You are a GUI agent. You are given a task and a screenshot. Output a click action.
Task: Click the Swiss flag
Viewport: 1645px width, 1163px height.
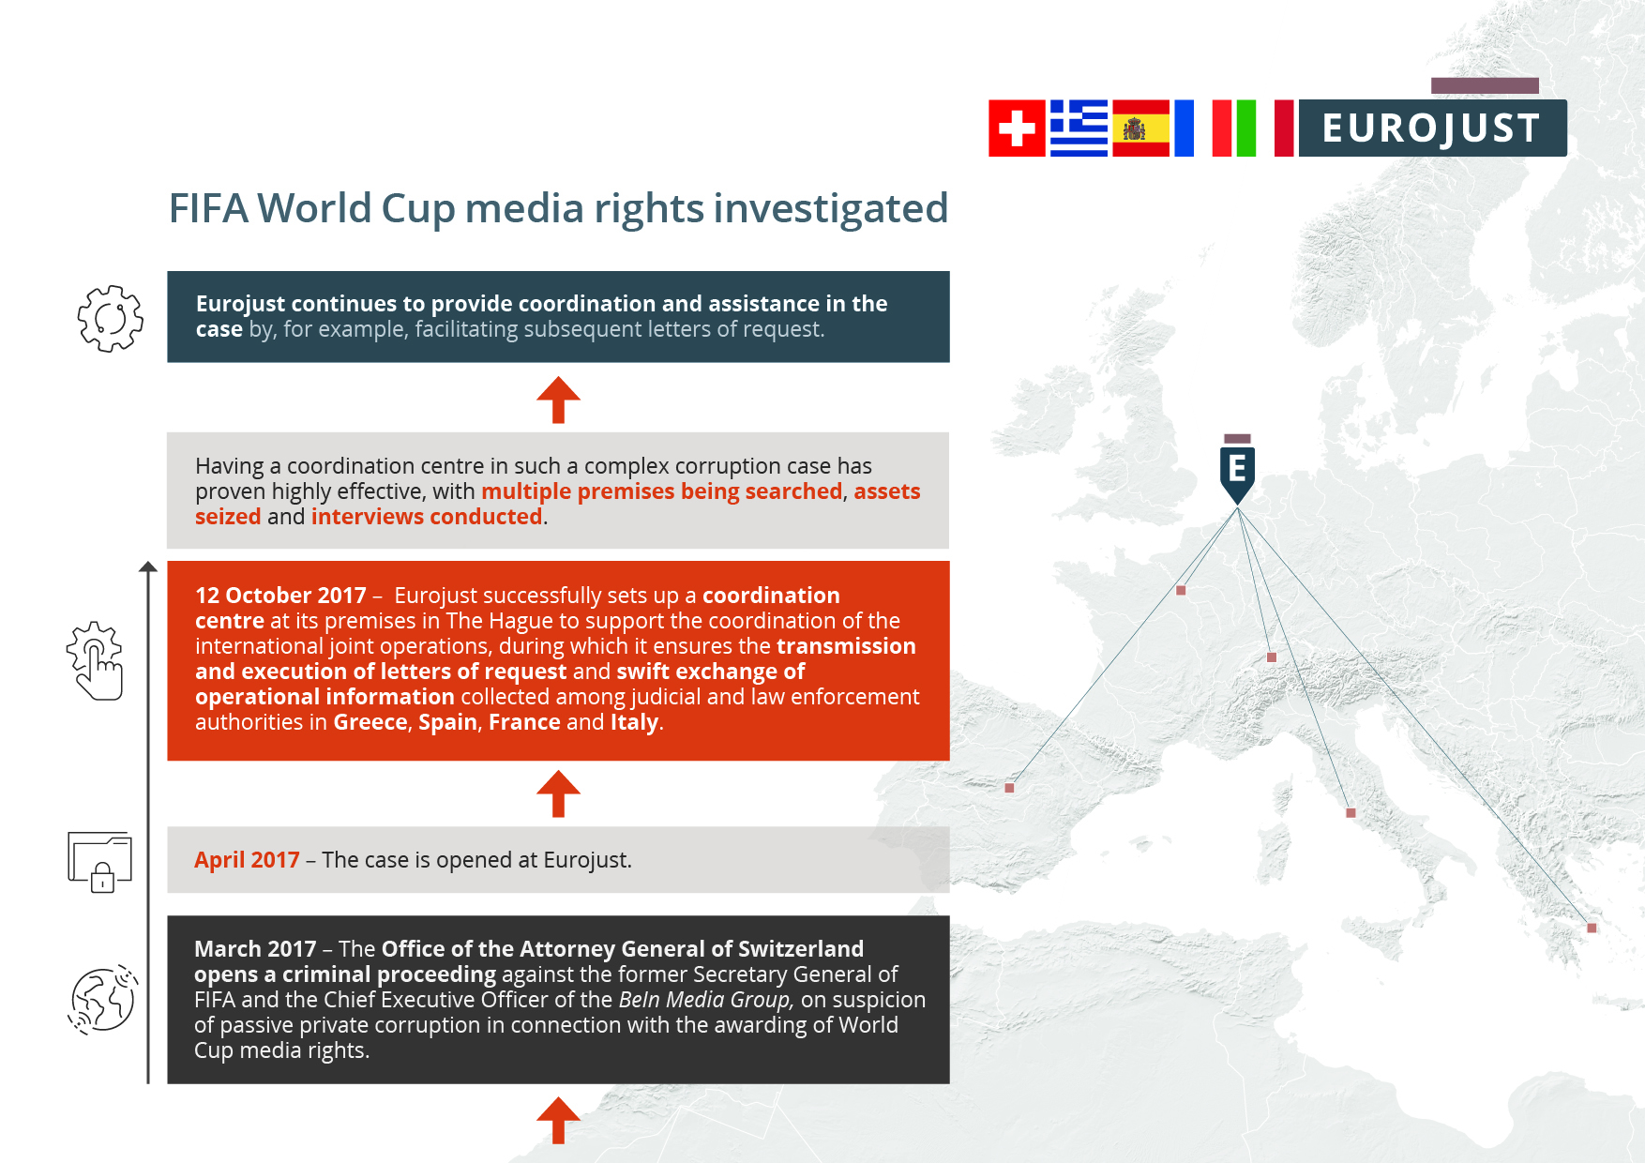[x=1017, y=128]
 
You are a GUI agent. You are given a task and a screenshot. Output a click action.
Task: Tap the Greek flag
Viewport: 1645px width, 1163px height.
[x=1079, y=128]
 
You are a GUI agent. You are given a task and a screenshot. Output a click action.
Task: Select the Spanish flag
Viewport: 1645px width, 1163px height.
[x=1140, y=128]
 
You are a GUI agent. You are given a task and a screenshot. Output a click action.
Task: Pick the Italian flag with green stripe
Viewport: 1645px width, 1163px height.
[x=1234, y=128]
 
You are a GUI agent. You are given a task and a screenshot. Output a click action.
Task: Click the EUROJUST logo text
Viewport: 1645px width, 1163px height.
[x=1431, y=128]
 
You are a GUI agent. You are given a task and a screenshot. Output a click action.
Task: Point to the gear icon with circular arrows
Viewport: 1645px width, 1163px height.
[x=111, y=319]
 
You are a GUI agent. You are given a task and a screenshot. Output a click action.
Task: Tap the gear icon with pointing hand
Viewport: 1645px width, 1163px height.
[x=95, y=660]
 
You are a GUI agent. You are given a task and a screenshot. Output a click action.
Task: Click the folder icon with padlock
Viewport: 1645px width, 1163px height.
[x=99, y=862]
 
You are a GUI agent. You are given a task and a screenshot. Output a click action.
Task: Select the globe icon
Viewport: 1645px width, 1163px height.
[x=102, y=1000]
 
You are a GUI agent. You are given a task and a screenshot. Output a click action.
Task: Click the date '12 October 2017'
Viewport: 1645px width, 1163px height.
[x=280, y=596]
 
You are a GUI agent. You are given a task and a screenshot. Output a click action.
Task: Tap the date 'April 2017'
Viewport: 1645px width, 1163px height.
[x=247, y=860]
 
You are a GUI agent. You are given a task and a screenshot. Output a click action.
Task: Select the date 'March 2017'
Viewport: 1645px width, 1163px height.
[x=255, y=949]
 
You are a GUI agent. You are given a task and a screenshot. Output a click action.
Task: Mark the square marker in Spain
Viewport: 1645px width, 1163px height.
[x=1009, y=788]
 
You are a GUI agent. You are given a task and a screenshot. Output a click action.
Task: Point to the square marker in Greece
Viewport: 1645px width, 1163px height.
[x=1592, y=928]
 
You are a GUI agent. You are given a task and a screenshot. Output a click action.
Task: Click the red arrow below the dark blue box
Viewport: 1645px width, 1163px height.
[x=558, y=400]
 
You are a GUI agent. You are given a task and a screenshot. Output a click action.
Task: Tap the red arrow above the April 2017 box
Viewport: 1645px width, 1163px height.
[x=558, y=793]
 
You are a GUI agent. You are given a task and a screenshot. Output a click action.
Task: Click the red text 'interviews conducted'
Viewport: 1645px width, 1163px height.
[x=427, y=517]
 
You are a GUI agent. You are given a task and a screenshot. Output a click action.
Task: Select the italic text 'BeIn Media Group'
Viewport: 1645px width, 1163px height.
[x=706, y=1000]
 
